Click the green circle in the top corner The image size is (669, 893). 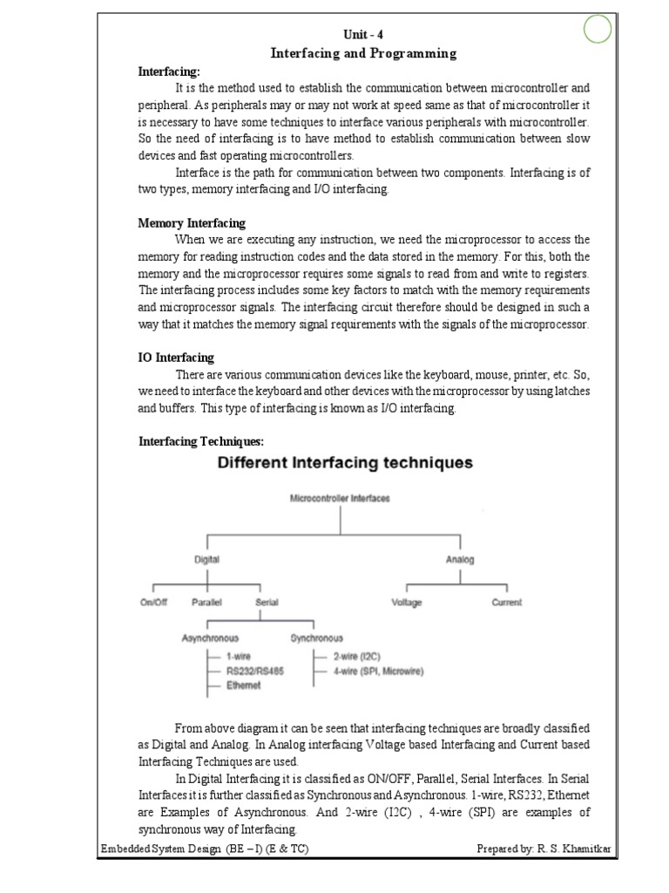(597, 31)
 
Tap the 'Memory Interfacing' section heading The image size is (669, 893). (192, 223)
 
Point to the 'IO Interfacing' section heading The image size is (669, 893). (176, 358)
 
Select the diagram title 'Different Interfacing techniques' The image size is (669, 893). (344, 463)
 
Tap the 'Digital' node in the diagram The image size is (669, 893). (206, 560)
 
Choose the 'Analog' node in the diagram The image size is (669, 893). (460, 560)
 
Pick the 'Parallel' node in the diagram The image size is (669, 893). (206, 603)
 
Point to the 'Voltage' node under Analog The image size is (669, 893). (407, 603)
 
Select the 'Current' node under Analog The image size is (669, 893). (506, 603)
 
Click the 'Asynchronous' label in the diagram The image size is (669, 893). (210, 637)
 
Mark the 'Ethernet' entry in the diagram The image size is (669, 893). (244, 685)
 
